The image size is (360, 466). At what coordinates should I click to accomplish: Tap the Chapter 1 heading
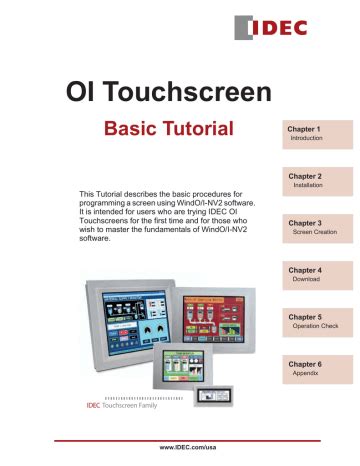pyautogui.click(x=304, y=129)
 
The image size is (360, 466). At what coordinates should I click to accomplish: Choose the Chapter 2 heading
pyautogui.click(x=304, y=175)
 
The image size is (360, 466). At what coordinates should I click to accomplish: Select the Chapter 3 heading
pyautogui.click(x=304, y=223)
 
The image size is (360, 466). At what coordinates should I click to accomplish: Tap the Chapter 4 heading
pyautogui.click(x=304, y=270)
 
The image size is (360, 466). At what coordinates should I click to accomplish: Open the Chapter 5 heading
pyautogui.click(x=304, y=316)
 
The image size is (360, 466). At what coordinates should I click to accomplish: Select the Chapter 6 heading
pyautogui.click(x=304, y=364)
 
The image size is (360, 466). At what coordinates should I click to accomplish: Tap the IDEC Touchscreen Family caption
pyautogui.click(x=128, y=409)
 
